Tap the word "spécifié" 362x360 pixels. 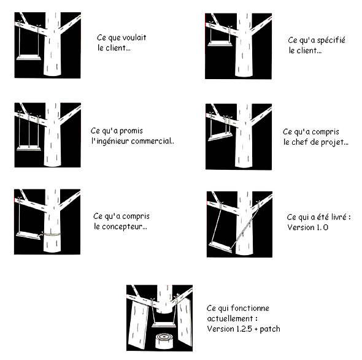(331, 40)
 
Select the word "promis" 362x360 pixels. (131, 131)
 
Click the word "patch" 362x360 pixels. (269, 329)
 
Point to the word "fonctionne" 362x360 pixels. (250, 308)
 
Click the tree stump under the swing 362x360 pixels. (164, 340)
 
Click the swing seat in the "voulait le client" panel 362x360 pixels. (29, 58)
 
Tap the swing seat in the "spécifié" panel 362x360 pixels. (220, 44)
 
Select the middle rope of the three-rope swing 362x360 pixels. (29, 131)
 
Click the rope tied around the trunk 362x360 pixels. (52, 235)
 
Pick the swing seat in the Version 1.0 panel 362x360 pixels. (220, 247)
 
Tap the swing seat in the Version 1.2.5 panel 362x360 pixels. (164, 325)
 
